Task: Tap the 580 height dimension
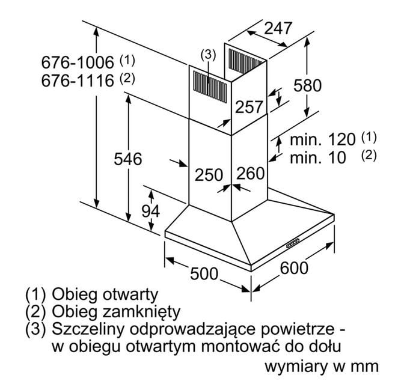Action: pos(309,85)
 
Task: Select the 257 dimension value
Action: pos(249,107)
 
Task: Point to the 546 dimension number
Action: pos(128,159)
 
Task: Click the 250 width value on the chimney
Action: pos(209,175)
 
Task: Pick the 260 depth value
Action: pos(250,174)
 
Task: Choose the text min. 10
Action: pos(318,157)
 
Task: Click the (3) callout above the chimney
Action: pos(208,55)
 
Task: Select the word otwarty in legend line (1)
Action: pos(129,294)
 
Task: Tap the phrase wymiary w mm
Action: pos(322,365)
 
